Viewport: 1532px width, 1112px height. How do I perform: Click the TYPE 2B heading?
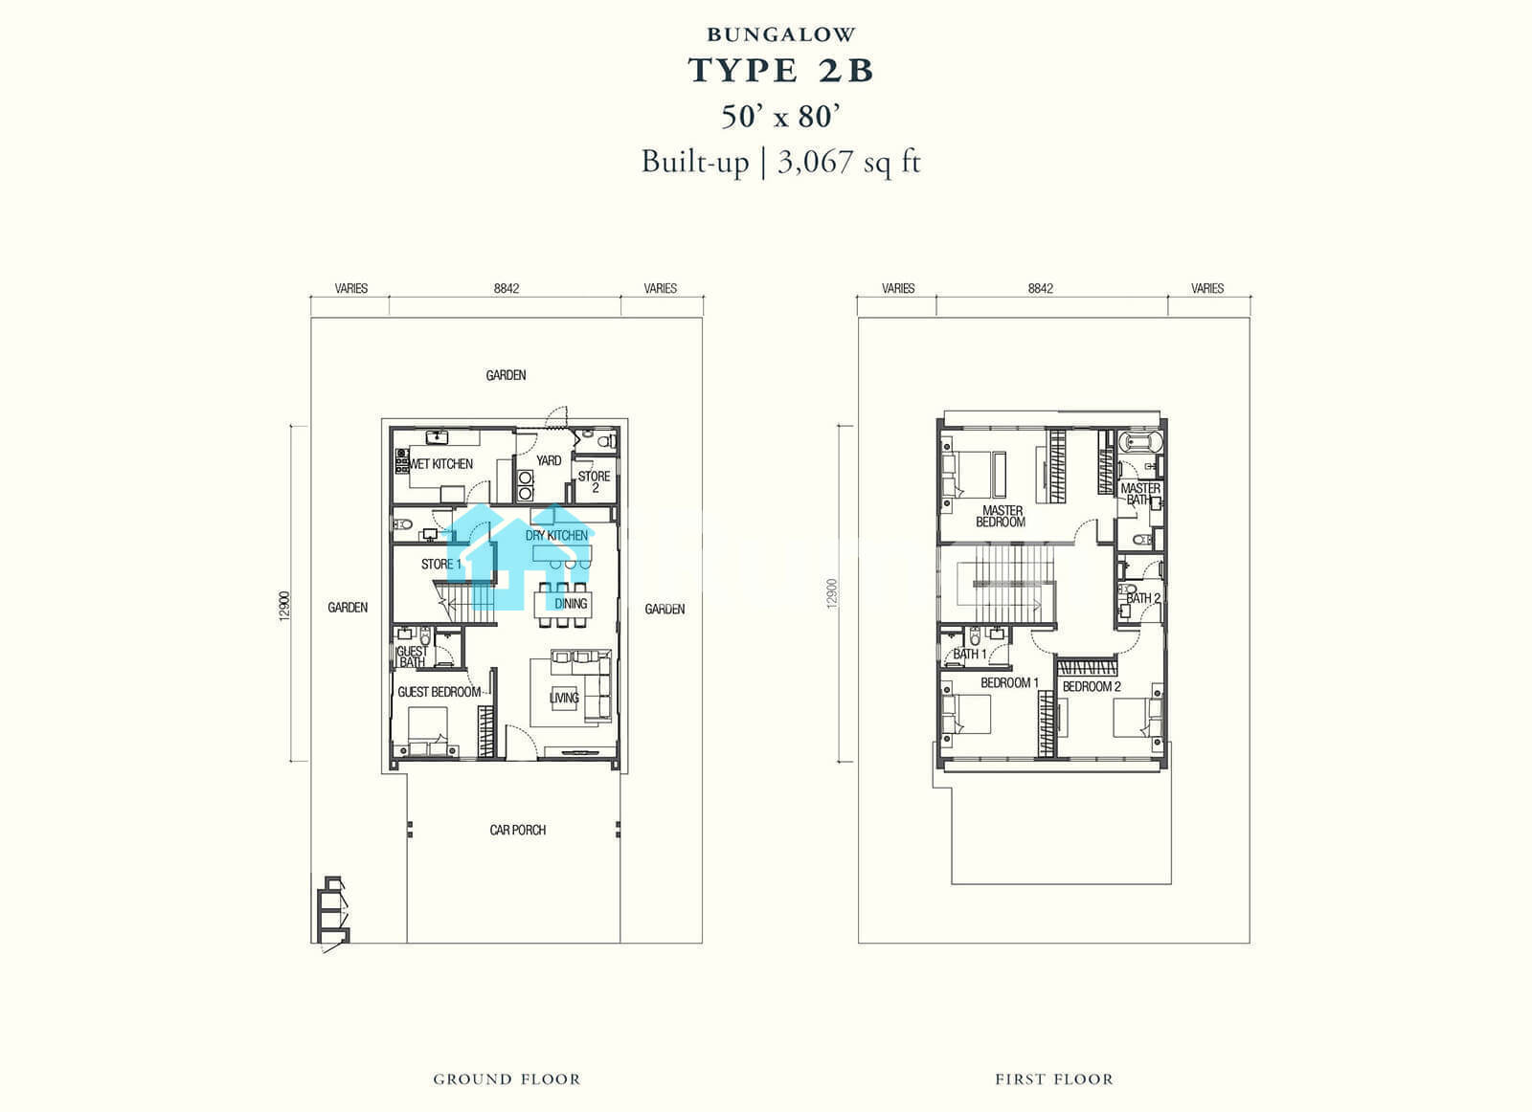(780, 71)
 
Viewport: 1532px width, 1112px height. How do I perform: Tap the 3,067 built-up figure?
(815, 162)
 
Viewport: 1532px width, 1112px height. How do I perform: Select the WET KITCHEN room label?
(441, 464)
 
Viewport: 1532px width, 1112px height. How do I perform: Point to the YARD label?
(549, 460)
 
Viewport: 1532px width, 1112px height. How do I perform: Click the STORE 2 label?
(595, 482)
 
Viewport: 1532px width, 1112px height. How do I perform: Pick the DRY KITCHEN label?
(556, 535)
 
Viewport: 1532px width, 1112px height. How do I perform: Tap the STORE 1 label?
(441, 564)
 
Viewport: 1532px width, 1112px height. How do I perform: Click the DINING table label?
(571, 604)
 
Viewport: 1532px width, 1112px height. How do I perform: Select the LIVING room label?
(564, 698)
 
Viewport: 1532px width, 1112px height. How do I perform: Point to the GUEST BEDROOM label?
(439, 692)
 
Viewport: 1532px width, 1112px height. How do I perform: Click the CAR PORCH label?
(518, 830)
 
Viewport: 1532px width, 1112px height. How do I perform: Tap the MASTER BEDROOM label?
(1002, 516)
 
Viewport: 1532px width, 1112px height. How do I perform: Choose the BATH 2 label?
(1143, 598)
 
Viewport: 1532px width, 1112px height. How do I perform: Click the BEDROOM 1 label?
(1009, 682)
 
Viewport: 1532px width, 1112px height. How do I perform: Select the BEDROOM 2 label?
(1092, 686)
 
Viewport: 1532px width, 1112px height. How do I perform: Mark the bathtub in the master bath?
(1139, 442)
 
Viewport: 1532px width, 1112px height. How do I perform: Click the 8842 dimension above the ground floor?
(507, 288)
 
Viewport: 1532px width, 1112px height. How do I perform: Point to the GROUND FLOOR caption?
(507, 1079)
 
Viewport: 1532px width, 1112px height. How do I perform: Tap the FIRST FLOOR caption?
(1054, 1079)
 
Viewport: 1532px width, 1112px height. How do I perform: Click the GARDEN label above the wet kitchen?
(507, 375)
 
